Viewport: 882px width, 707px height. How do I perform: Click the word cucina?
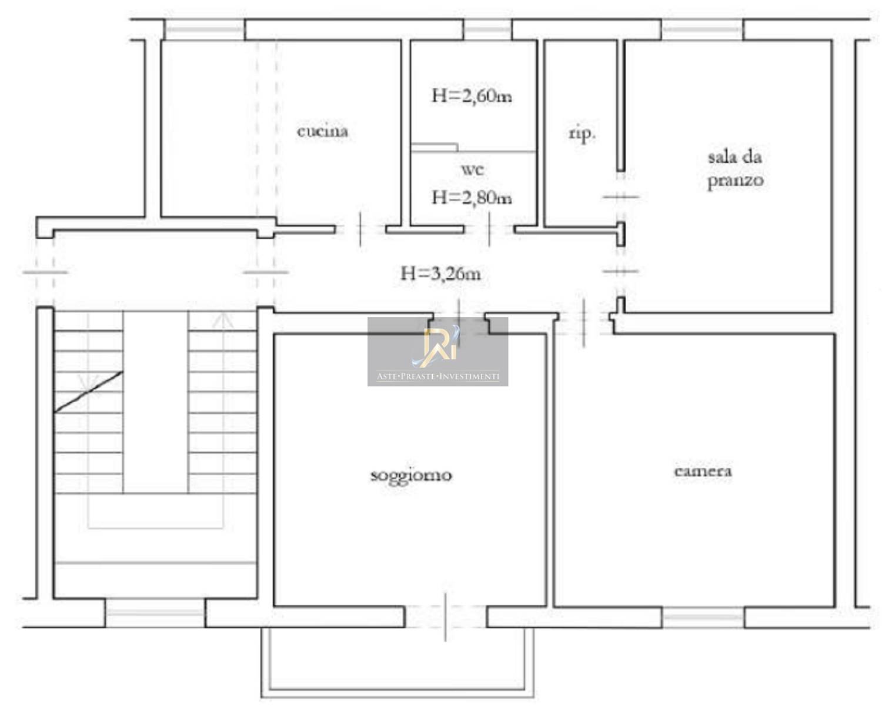coord(323,132)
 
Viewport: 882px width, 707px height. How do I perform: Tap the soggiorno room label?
coord(411,476)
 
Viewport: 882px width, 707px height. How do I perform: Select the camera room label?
coord(703,471)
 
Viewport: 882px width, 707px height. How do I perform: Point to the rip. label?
coord(582,134)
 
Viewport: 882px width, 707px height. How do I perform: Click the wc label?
coord(473,169)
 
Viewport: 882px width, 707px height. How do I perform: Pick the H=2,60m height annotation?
coord(472,97)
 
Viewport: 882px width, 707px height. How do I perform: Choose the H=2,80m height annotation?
coord(472,198)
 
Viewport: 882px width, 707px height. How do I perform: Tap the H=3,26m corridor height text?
coord(440,274)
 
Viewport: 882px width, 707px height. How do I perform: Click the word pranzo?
coord(736,181)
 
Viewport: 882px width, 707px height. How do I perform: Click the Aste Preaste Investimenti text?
coord(437,376)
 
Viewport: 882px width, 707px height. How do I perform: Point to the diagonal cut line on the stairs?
coord(89,392)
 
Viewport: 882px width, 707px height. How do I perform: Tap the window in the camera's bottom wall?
coord(703,618)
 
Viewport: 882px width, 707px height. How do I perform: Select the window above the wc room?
coord(487,29)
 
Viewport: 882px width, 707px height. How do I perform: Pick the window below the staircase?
coord(155,613)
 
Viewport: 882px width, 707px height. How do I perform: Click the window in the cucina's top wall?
coord(204,29)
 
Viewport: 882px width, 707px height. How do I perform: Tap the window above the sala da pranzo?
coord(703,29)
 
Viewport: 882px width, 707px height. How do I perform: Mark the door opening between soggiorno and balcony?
coord(446,617)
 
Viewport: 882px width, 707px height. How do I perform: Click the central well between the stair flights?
coord(156,402)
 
